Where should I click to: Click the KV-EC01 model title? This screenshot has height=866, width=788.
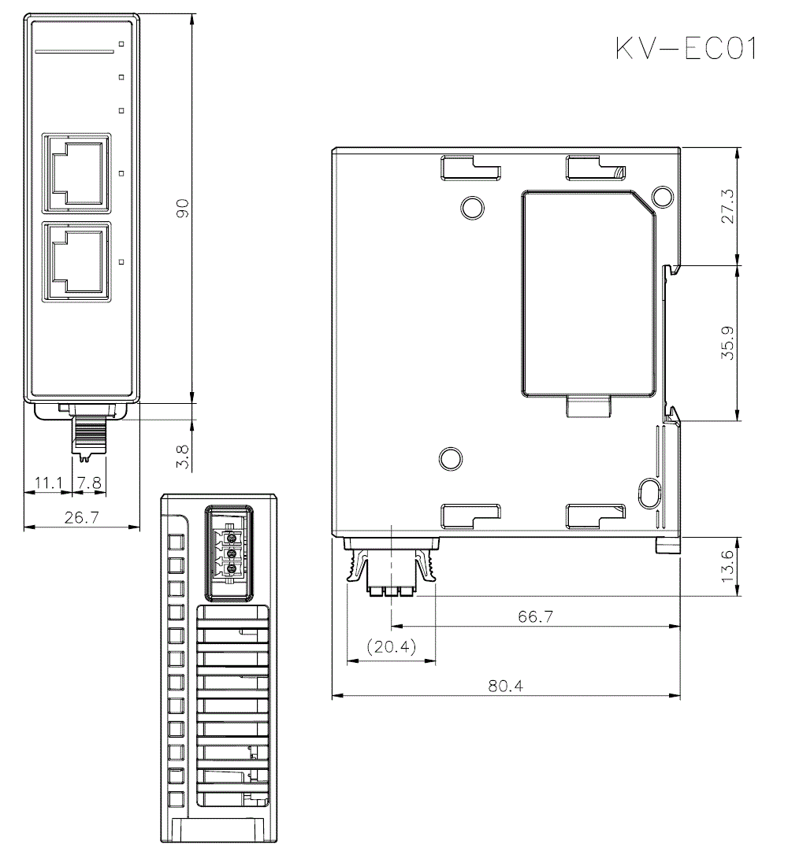(x=686, y=49)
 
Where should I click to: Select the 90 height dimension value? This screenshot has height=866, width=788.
(x=182, y=208)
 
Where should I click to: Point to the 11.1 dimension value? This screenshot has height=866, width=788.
(x=48, y=483)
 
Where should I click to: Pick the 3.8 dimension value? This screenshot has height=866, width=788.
(x=182, y=457)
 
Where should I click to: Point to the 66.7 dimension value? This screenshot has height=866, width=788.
(x=536, y=616)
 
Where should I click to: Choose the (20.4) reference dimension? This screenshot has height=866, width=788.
(x=392, y=647)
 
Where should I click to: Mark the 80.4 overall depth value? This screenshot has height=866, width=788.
(x=505, y=685)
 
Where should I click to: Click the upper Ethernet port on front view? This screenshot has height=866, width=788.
(x=77, y=172)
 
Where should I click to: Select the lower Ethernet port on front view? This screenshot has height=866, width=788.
(x=77, y=261)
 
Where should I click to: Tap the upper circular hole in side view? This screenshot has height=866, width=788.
(x=472, y=207)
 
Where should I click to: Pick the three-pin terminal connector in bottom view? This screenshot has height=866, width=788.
(x=231, y=553)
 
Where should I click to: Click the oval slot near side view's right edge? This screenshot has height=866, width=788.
(x=649, y=494)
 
